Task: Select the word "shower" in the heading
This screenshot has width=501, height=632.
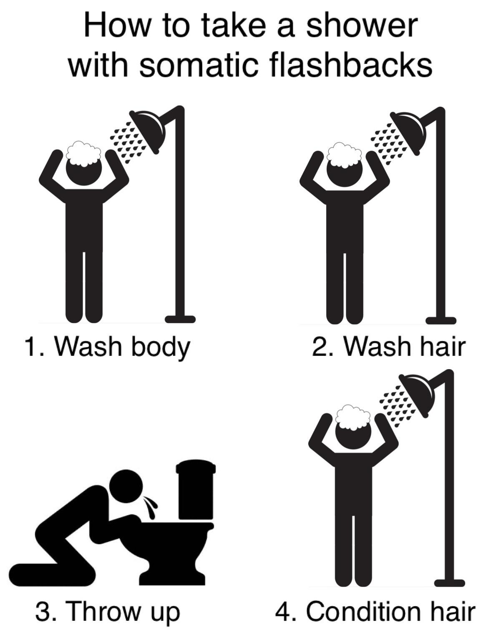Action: click(361, 26)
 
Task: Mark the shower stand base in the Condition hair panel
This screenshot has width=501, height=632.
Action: click(449, 582)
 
